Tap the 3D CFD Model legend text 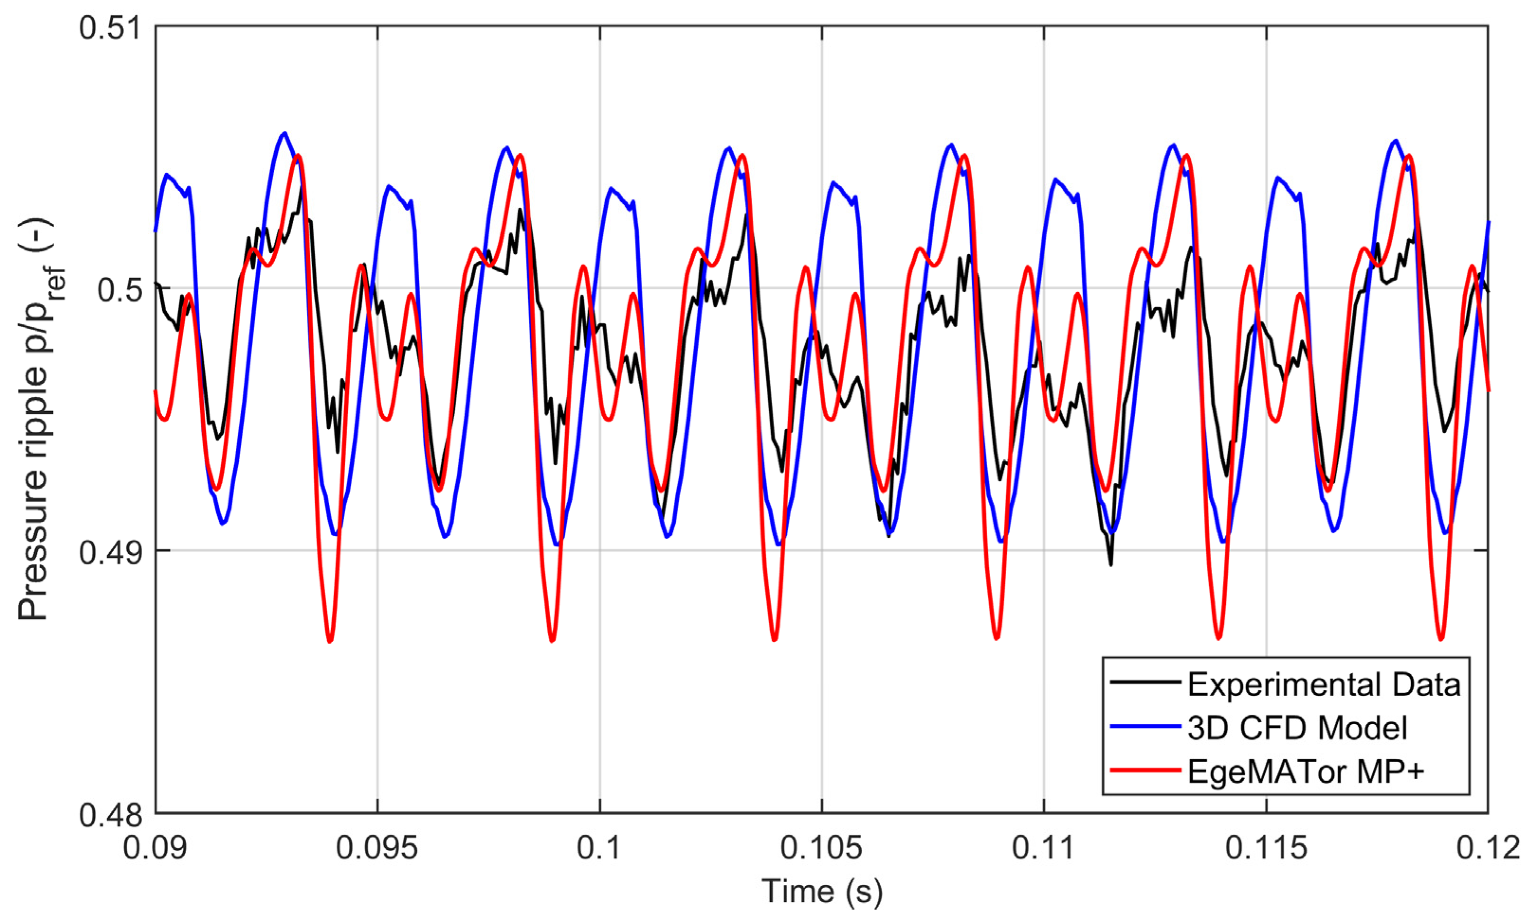tap(1297, 728)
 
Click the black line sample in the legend tap(1145, 682)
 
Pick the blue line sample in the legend tap(1145, 726)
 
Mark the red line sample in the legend tap(1145, 770)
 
